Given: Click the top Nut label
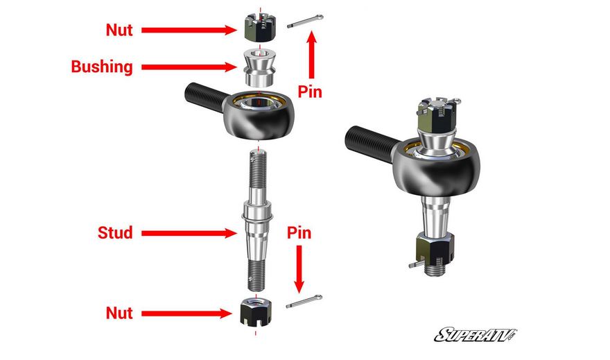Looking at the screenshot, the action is click(x=119, y=30).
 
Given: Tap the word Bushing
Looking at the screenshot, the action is click(x=102, y=67).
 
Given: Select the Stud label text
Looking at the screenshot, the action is click(x=115, y=233).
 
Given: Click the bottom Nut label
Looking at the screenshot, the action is click(x=119, y=313).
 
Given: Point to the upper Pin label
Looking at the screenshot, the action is click(x=310, y=92).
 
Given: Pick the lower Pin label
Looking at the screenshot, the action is click(x=299, y=233).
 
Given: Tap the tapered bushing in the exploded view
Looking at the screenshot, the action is click(x=259, y=68).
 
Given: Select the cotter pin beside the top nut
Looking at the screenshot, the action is click(x=305, y=22).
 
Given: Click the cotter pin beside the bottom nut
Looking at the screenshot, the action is click(x=304, y=302).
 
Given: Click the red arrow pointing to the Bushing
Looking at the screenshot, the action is click(x=189, y=67).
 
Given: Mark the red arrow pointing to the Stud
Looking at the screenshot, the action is click(x=189, y=233).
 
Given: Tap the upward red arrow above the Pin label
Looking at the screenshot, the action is click(x=311, y=55).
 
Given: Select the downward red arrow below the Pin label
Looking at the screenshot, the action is click(x=299, y=269).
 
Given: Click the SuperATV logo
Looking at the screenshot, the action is click(x=476, y=335).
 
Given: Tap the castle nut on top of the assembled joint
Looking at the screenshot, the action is click(x=436, y=115).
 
